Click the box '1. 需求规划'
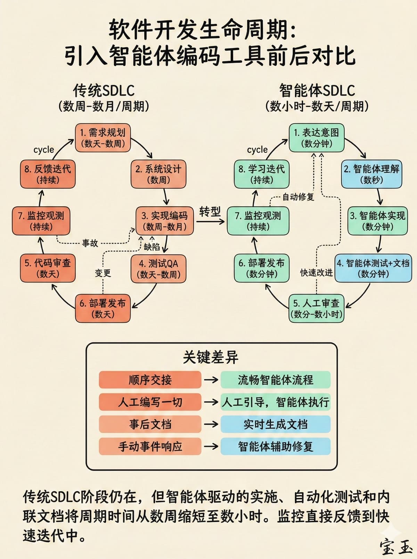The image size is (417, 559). click(103, 138)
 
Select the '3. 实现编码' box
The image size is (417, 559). click(164, 221)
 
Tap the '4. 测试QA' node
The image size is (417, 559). click(158, 269)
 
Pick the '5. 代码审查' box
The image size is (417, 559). click(48, 268)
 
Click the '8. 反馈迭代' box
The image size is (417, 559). click(48, 174)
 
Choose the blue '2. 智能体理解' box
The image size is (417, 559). click(371, 174)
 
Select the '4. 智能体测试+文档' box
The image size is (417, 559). click(373, 268)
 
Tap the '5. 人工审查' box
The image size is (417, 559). click(316, 309)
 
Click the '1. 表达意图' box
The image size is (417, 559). click(316, 138)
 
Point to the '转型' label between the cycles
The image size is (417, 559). click(210, 211)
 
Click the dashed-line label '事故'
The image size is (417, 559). click(90, 243)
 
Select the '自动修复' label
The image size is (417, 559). click(298, 197)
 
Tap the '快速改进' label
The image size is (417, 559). click(316, 273)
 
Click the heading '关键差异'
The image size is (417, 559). click(211, 357)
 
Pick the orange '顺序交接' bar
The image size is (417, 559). click(150, 380)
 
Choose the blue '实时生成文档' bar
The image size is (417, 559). click(275, 424)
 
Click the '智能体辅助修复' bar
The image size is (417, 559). click(275, 447)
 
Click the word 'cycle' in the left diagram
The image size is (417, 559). click(44, 150)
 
